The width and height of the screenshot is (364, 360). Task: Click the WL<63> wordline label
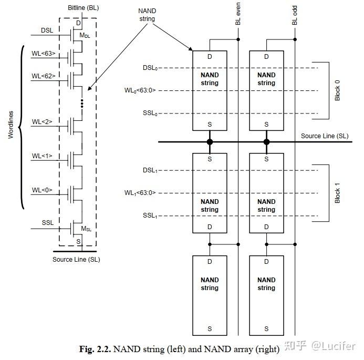tap(43, 53)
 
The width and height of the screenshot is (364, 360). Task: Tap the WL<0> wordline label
tap(42, 190)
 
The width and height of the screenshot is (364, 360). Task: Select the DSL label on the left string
tap(47, 30)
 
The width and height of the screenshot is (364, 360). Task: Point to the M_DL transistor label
tap(85, 35)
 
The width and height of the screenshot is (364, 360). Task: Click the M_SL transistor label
tap(86, 229)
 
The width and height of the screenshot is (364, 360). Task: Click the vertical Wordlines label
tap(11, 126)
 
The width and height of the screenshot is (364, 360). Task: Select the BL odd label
tap(294, 15)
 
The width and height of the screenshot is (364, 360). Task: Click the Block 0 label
tap(337, 90)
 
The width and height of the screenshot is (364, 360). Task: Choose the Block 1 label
tap(337, 193)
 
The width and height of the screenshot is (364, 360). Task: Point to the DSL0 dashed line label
tap(149, 68)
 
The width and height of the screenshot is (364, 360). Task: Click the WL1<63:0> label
tap(140, 193)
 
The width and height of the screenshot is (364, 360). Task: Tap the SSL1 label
tap(149, 215)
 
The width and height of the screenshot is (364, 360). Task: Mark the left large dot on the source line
tap(210, 142)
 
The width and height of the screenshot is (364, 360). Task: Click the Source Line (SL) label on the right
tap(324, 136)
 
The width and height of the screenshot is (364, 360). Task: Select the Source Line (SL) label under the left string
tap(76, 259)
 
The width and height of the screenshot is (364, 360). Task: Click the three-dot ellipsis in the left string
tap(81, 103)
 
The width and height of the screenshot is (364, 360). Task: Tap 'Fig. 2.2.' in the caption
tap(95, 349)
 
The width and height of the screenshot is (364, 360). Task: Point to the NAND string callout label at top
tap(147, 15)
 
